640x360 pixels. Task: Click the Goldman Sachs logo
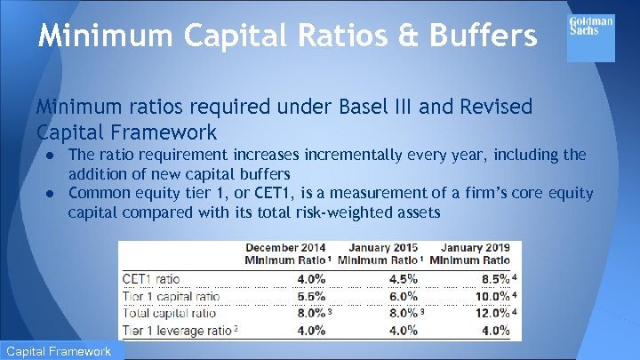(591, 37)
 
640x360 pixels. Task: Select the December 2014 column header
(286, 253)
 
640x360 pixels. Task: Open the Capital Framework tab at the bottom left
(61, 350)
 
